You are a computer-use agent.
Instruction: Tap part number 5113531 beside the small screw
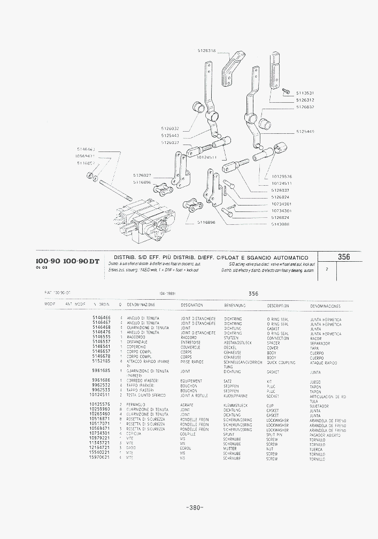point(305,93)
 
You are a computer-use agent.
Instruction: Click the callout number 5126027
point(142,176)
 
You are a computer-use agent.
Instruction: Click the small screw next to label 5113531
point(285,92)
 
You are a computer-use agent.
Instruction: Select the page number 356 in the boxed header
point(344,257)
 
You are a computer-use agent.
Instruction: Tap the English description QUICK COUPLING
point(281,362)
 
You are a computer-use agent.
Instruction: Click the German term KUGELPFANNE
point(236,396)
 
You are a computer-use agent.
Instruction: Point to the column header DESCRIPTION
point(278,306)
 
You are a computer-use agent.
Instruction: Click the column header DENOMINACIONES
point(325,306)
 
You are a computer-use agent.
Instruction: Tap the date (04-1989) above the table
point(167,294)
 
